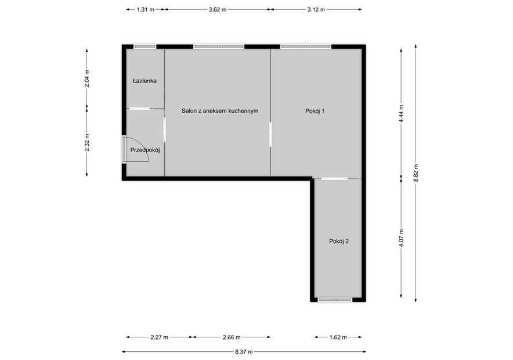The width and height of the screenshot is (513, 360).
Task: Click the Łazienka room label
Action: (x=144, y=81)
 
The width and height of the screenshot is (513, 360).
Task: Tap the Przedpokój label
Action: (x=145, y=150)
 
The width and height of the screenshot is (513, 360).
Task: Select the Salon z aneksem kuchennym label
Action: (x=220, y=111)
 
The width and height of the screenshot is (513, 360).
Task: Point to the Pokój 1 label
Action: (x=315, y=111)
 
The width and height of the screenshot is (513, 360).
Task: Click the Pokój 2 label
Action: (x=339, y=242)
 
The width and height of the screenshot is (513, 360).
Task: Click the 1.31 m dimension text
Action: (x=145, y=9)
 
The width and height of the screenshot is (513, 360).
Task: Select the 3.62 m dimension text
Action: (x=218, y=9)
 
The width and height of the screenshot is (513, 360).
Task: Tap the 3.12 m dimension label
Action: (x=316, y=9)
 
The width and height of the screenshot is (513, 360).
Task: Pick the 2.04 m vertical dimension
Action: (x=87, y=78)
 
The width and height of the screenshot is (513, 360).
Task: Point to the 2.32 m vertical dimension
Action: (x=87, y=143)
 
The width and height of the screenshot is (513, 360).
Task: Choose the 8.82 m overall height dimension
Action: (x=416, y=173)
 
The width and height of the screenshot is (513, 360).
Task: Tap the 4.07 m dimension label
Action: (x=402, y=238)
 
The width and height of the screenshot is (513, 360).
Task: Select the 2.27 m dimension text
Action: (x=160, y=337)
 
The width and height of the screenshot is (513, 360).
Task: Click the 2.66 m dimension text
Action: (x=232, y=337)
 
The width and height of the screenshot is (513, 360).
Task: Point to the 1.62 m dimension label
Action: (x=338, y=337)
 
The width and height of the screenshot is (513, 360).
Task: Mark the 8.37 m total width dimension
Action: (x=244, y=352)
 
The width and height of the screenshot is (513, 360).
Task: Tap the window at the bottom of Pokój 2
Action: (x=335, y=300)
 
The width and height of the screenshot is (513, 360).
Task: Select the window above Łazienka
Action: (x=145, y=46)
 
